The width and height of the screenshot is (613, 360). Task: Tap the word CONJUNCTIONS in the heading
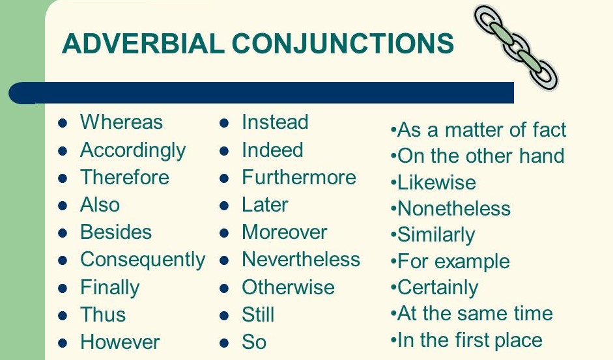coord(343,44)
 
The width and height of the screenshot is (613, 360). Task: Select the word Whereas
coord(121,122)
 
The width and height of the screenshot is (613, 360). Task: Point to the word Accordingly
coord(133,150)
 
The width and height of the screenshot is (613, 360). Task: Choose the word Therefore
coord(124,178)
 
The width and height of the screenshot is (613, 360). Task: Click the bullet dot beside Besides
coord(63,233)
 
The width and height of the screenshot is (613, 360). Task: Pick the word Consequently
coord(143,260)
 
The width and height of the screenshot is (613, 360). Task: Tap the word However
coord(120,342)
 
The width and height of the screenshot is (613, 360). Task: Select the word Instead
coord(275,122)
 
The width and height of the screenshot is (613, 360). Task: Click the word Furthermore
coord(299,178)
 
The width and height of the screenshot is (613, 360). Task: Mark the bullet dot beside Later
coord(224,206)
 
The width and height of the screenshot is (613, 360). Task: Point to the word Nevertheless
coord(301,260)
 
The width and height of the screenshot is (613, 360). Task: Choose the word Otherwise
coord(288,288)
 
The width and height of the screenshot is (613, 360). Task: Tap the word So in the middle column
coord(254,342)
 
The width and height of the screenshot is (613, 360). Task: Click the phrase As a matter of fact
coord(481,130)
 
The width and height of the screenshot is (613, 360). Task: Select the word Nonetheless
coord(454,209)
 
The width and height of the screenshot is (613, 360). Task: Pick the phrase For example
coord(453,262)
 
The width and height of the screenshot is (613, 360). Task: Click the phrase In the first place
coord(470,340)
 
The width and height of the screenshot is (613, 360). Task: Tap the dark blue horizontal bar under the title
coord(261,92)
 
